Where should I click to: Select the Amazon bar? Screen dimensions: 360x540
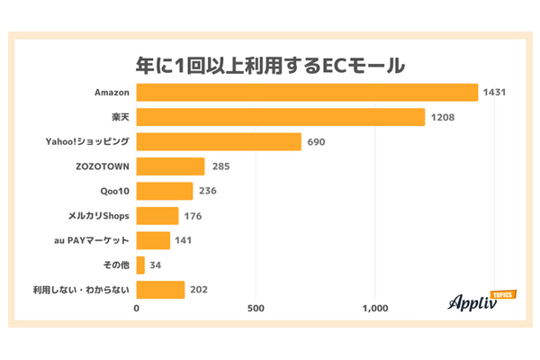(x=307, y=93)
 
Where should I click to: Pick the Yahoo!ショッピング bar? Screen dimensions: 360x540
(x=219, y=141)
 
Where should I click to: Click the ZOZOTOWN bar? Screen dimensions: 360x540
(x=171, y=166)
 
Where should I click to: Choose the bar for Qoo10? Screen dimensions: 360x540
(x=165, y=191)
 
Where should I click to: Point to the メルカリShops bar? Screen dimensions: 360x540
(x=157, y=215)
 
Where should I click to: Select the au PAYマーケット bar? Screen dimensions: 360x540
(x=153, y=240)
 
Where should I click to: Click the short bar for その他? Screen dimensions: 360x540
(x=140, y=265)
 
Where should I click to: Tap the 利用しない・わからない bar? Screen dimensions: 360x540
(x=160, y=290)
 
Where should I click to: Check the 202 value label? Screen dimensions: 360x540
(x=200, y=290)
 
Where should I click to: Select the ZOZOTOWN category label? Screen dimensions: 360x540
(x=103, y=166)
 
